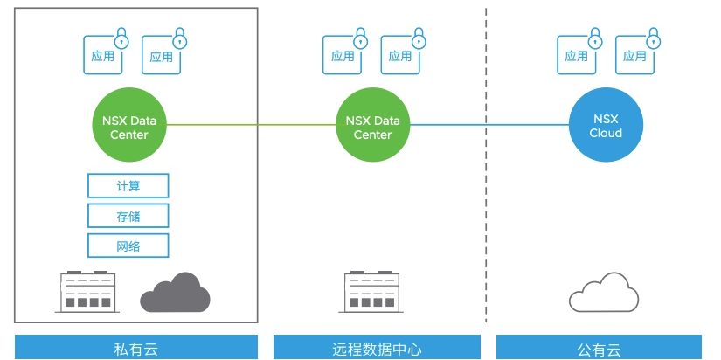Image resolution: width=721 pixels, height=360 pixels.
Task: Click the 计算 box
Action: pos(128,186)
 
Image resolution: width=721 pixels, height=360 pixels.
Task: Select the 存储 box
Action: pos(128,216)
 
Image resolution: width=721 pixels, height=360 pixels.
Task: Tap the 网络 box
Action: pos(128,246)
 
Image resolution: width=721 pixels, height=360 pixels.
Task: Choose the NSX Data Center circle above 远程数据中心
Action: pos(372,127)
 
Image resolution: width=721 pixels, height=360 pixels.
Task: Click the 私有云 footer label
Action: pos(135,348)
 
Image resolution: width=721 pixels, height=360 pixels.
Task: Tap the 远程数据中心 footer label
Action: pos(378,348)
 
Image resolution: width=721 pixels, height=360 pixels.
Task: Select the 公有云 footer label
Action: pos(599,348)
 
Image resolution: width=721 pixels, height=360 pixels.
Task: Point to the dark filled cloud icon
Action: pos(175,293)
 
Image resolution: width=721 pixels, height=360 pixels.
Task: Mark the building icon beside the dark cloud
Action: pos(87,292)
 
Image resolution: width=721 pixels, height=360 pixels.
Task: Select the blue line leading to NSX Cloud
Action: pos(489,126)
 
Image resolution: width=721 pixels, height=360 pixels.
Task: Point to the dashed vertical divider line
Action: pos(486,218)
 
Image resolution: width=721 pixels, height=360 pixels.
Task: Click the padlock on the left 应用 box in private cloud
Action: pos(121,38)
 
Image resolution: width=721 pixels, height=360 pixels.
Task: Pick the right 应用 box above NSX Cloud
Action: pos(635,56)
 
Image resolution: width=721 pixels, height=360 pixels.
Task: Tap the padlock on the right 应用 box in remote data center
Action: pos(419,38)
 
